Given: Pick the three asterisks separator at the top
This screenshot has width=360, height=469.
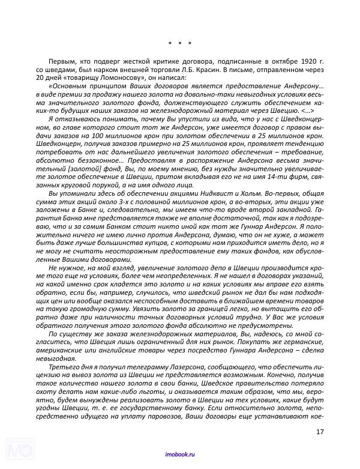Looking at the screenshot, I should click(179, 44).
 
